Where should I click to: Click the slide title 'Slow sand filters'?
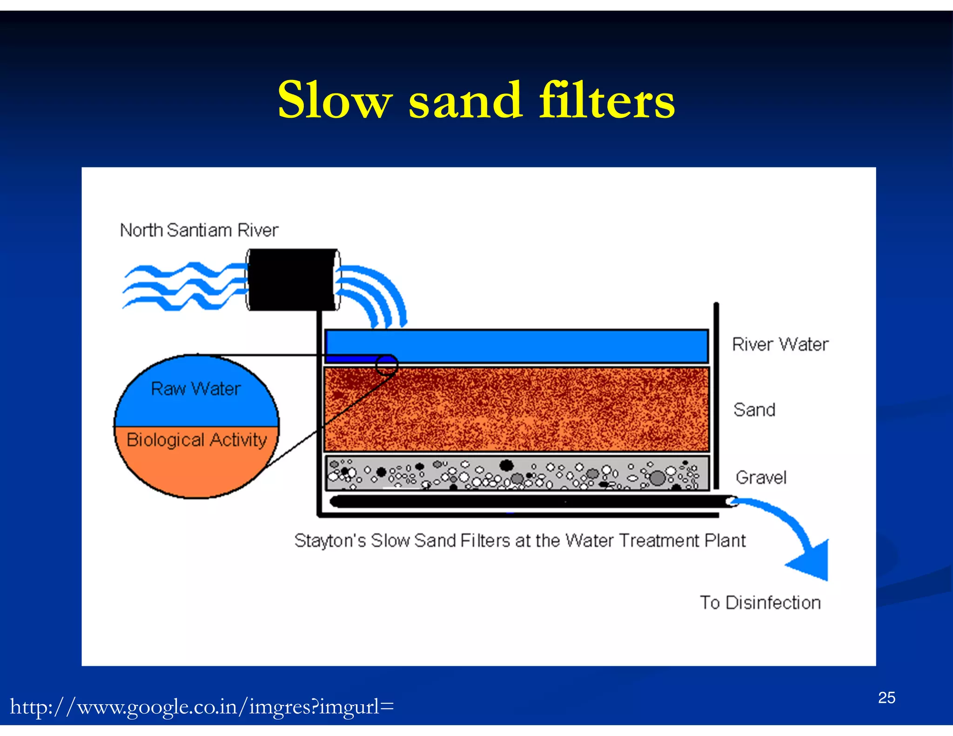pos(476,100)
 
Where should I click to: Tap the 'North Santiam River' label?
pos(199,230)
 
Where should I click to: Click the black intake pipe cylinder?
pos(292,279)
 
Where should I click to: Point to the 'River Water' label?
pos(780,344)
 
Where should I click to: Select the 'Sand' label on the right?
pos(754,410)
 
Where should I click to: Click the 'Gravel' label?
pos(761,477)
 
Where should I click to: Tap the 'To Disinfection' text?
pos(760,602)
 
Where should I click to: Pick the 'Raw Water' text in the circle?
pos(196,389)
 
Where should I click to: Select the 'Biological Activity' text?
pos(196,440)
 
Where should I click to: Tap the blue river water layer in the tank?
pos(535,345)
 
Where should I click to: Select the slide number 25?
pos(886,698)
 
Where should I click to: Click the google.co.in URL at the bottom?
pos(202,707)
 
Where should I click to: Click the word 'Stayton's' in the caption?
pos(330,541)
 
